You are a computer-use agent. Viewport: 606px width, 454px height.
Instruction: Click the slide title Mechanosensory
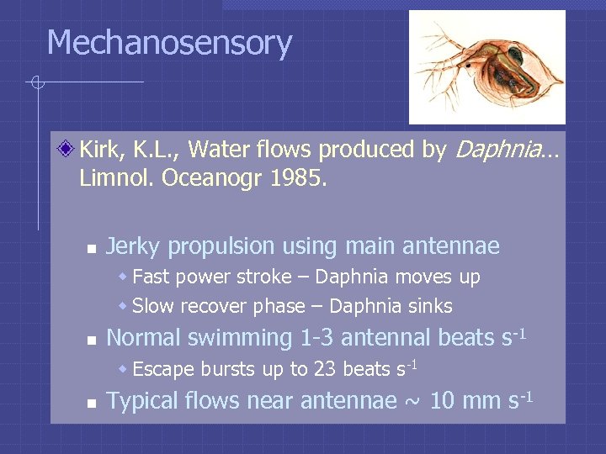(169, 43)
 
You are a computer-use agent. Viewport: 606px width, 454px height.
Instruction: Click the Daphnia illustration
(486, 67)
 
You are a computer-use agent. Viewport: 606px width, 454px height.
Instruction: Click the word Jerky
(134, 246)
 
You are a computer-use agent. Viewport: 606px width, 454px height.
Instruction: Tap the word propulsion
(221, 246)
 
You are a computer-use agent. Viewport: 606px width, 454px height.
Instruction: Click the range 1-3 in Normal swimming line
(317, 338)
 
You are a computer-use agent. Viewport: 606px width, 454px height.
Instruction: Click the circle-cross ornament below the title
(37, 82)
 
